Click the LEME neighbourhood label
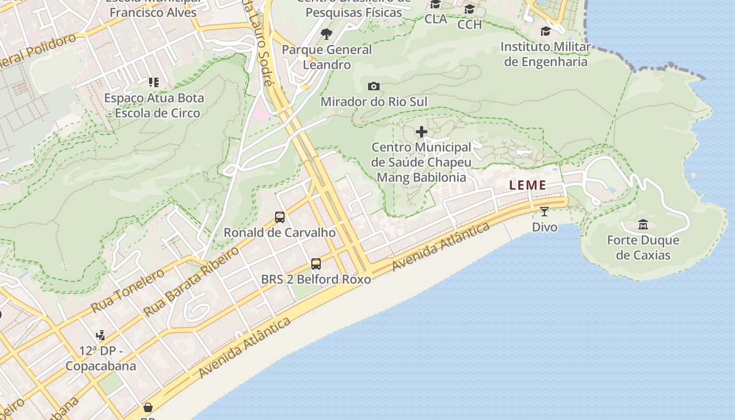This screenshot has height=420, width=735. (x=528, y=185)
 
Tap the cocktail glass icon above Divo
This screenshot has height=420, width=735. (x=544, y=212)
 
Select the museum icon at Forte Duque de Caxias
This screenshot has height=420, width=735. (x=643, y=225)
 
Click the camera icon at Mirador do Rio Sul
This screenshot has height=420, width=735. (x=374, y=86)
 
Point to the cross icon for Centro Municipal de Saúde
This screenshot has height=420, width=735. (x=421, y=132)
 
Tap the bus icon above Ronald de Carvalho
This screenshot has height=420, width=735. (x=280, y=217)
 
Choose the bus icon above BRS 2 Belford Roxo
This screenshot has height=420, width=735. (x=316, y=264)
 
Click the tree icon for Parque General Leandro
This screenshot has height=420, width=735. (x=327, y=35)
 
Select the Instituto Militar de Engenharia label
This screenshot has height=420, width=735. (x=545, y=54)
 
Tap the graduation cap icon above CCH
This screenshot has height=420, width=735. (x=469, y=9)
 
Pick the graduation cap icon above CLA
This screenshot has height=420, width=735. (x=435, y=5)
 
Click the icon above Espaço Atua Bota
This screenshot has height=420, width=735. (x=153, y=82)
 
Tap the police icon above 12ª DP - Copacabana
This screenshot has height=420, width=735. (x=100, y=335)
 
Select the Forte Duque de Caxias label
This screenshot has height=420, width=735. (x=643, y=248)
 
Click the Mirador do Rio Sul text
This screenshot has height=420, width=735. (x=374, y=102)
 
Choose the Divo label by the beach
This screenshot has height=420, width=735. (x=544, y=227)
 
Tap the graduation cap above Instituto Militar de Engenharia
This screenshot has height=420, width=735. (x=545, y=31)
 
